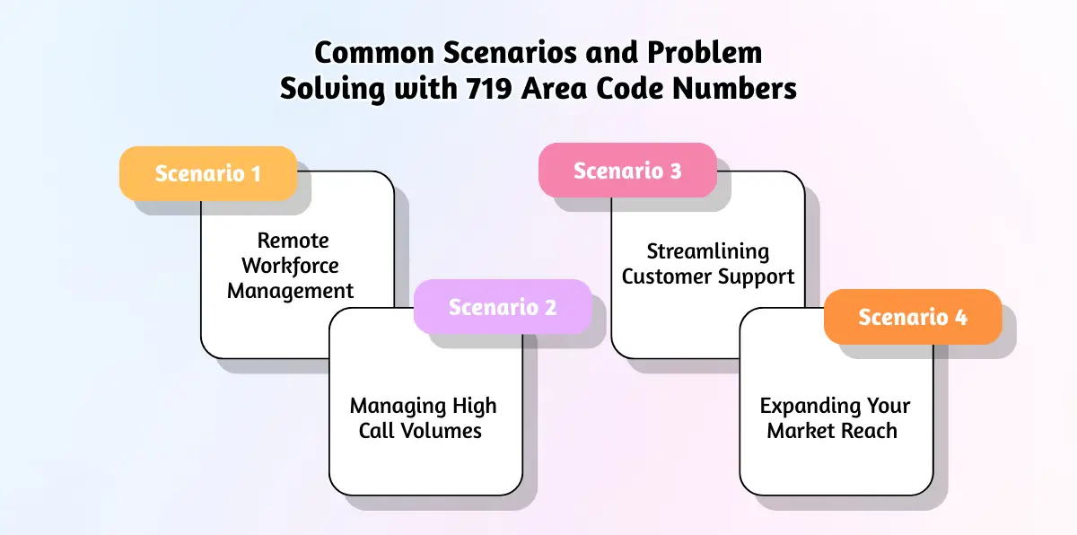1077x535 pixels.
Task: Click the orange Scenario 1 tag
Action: point(208,173)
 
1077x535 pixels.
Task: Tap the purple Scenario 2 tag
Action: point(503,307)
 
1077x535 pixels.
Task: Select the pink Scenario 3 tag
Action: point(627,171)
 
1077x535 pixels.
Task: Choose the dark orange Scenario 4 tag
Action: point(913,317)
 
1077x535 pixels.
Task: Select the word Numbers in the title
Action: point(740,90)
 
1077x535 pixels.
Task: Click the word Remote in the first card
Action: point(293,241)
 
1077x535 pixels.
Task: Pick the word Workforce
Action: point(290,266)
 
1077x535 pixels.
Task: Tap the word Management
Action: point(290,291)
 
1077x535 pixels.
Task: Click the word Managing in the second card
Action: point(391,406)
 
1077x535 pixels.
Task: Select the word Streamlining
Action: point(708,250)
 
